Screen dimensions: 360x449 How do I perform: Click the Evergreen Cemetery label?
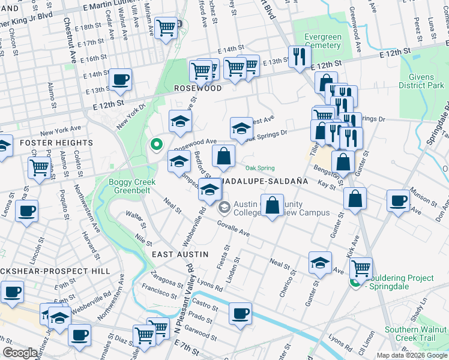point(322,41)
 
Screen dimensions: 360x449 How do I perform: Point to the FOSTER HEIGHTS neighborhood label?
point(56,143)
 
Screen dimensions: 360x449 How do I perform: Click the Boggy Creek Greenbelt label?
point(132,187)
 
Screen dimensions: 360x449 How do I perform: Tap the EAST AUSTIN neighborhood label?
point(179,254)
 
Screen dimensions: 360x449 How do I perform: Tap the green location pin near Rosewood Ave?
point(156,144)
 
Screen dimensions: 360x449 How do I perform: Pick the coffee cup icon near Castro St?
point(240,313)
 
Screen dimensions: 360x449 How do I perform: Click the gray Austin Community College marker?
point(224,208)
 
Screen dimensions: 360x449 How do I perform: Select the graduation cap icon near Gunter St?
point(321,262)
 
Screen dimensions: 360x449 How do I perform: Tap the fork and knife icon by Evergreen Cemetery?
point(297,57)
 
